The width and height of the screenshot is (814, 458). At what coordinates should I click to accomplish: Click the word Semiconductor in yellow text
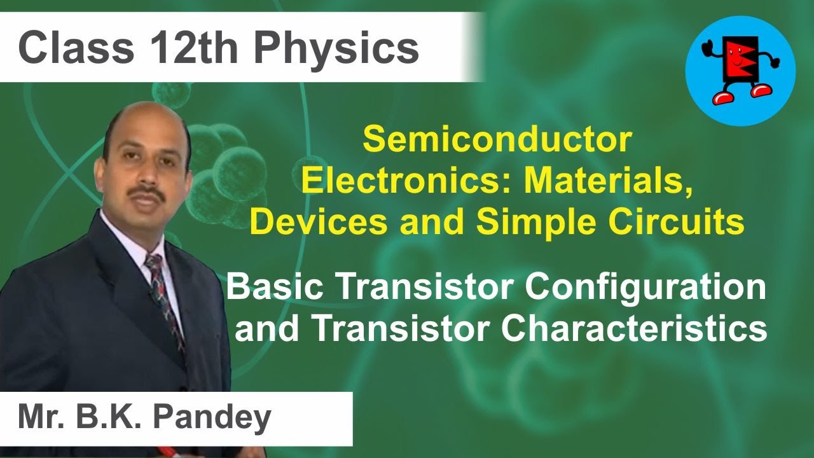click(497, 140)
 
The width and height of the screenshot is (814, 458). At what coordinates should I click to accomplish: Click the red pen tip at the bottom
click(167, 450)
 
